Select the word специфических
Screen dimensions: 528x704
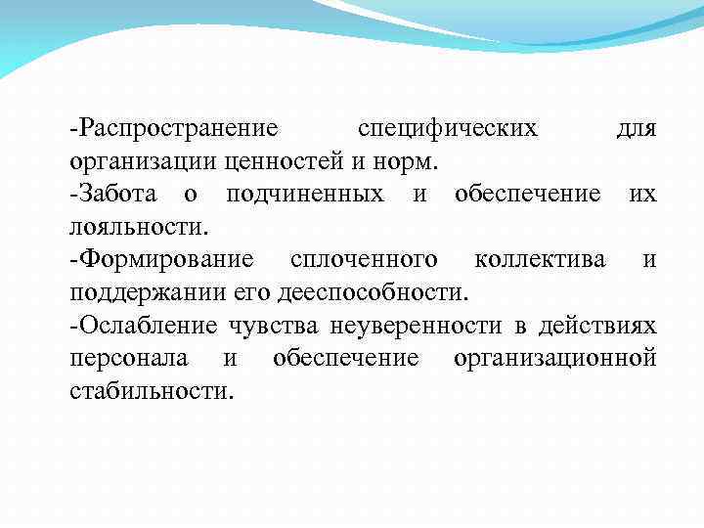448,129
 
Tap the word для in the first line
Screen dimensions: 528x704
637,129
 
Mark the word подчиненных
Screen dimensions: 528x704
304,195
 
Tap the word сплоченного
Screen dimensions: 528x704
364,260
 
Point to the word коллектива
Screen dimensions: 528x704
539,260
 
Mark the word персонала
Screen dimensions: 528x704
129,359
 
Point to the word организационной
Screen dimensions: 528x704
554,359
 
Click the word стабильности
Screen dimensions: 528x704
152,391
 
